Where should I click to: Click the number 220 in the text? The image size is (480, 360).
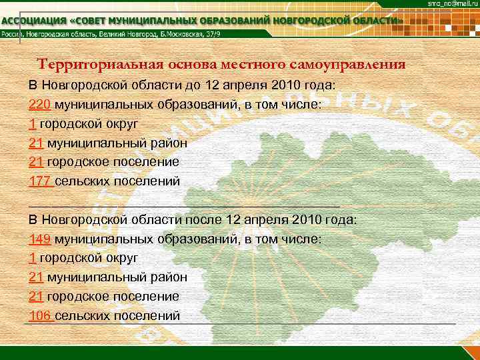tap(39, 105)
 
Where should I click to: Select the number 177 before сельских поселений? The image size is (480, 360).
tap(39, 181)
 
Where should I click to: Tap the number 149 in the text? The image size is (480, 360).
tap(39, 238)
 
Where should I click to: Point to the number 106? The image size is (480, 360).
tap(39, 315)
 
